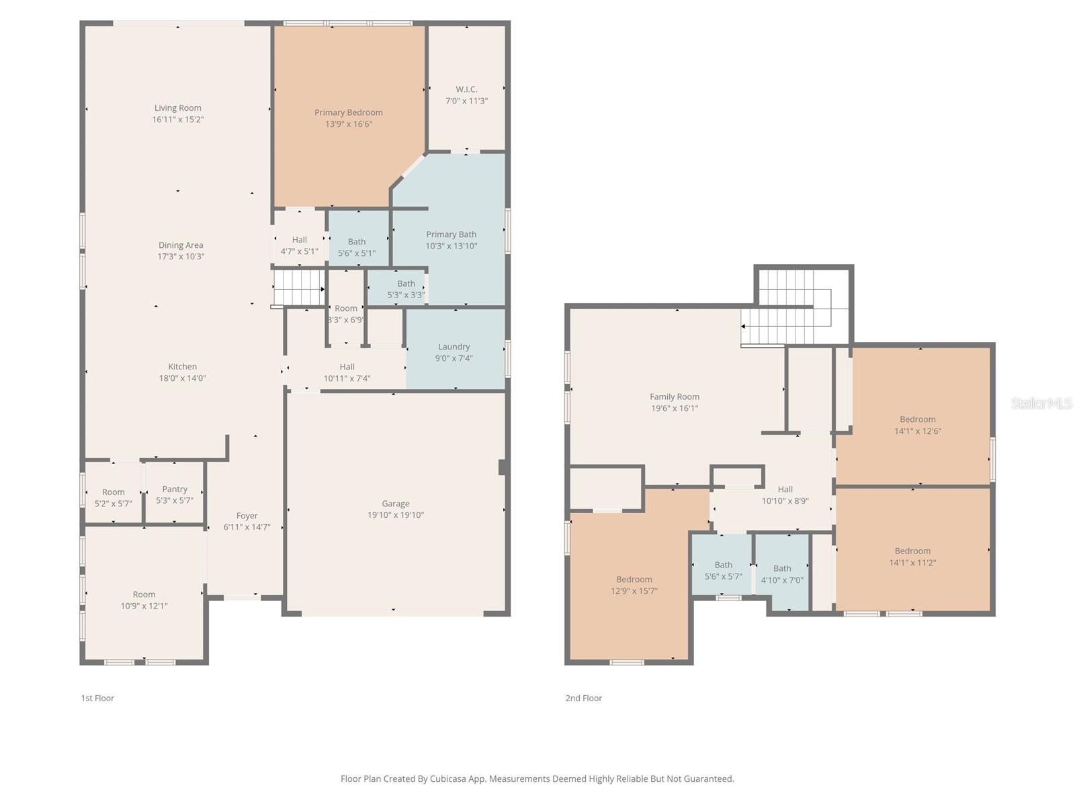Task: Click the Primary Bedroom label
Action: (x=349, y=112)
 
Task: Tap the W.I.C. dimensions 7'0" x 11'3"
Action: (x=466, y=101)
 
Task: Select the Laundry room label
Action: (x=454, y=347)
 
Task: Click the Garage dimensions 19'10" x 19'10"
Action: (x=396, y=515)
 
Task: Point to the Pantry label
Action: (x=175, y=489)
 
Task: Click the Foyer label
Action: (x=247, y=516)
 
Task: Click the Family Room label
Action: (x=675, y=397)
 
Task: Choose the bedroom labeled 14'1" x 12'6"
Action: (x=917, y=425)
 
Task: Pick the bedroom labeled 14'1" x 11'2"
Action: (x=912, y=557)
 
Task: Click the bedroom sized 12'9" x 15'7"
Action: (x=634, y=585)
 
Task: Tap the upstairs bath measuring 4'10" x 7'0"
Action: (x=782, y=574)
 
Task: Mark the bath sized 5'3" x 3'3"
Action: (x=406, y=289)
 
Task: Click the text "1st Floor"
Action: (x=97, y=698)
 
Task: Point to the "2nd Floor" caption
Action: (x=583, y=698)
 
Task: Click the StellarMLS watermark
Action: (x=1041, y=403)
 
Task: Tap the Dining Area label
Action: (x=181, y=245)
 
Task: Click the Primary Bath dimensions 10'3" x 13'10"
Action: (x=451, y=246)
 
